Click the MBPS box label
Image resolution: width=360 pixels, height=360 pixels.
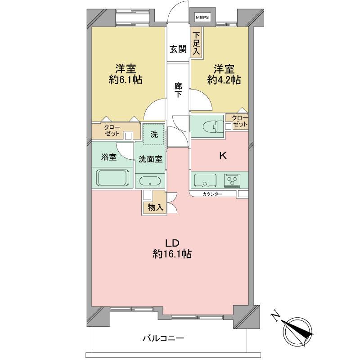[202, 18]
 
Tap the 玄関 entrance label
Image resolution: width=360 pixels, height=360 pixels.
[178, 49]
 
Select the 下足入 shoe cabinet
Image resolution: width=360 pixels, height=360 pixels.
[196, 44]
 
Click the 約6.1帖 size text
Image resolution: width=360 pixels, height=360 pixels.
[126, 80]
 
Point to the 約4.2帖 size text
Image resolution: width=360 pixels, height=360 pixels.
[224, 80]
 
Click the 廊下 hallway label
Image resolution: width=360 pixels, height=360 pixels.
[178, 90]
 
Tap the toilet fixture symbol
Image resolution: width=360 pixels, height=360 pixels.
[213, 127]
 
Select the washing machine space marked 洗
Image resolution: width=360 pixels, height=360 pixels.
[154, 134]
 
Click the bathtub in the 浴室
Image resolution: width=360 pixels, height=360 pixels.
[112, 178]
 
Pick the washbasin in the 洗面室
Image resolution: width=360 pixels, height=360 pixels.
[150, 181]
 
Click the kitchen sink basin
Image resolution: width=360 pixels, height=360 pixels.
[205, 180]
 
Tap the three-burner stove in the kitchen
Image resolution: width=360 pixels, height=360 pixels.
[233, 179]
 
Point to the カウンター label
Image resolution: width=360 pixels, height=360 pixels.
[212, 194]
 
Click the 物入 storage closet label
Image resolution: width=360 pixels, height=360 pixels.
[156, 207]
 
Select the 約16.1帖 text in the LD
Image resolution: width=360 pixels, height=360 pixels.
[172, 254]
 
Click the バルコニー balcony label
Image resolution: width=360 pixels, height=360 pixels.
[163, 338]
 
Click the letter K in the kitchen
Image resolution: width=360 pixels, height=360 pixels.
[223, 156]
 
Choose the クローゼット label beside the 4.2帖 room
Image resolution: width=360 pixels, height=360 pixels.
[240, 121]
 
